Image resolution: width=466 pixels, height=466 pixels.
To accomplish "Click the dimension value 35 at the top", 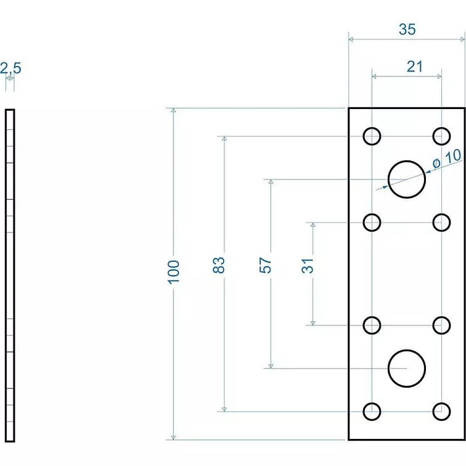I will point(407,29).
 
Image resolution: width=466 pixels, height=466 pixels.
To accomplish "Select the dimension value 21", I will point(415,67).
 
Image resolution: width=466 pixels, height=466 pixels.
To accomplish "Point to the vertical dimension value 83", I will point(219,265).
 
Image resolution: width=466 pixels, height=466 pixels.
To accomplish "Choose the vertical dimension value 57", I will point(265,266).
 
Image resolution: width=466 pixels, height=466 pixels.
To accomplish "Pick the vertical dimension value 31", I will point(308,265).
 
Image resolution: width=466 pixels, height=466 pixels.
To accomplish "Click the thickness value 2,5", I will point(10,68).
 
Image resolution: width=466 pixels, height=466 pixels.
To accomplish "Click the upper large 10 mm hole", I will point(407,179).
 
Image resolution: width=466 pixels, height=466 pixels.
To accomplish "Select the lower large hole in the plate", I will point(407,368).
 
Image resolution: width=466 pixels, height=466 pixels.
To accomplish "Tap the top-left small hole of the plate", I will point(372,136).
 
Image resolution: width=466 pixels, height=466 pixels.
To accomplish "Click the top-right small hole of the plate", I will point(441,136).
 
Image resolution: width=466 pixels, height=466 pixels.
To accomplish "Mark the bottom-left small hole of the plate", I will point(372,411).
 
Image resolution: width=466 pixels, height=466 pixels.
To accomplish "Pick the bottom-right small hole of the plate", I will point(441,411).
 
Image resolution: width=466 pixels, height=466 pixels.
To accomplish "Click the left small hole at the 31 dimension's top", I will point(372,222).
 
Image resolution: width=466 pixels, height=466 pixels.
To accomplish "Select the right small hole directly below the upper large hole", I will point(441,222).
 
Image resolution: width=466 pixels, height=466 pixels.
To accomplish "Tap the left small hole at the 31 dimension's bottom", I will point(372,325).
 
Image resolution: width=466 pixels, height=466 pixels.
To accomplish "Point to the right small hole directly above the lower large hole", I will point(441,325).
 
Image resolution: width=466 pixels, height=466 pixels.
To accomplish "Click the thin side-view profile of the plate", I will point(9,275).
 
